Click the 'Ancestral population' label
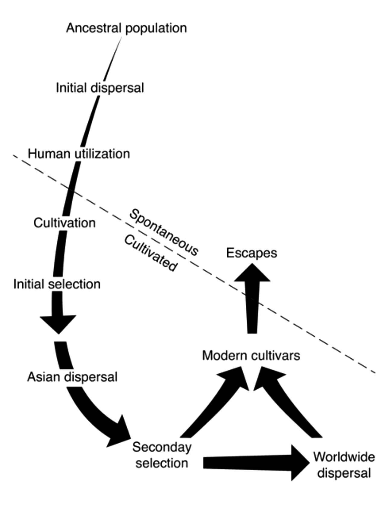point(126,28)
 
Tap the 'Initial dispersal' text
point(100,88)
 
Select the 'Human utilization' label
point(79,154)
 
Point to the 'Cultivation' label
point(65,223)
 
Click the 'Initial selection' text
point(57,284)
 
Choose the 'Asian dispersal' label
point(72,377)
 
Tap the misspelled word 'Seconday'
point(162,447)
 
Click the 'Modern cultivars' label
point(251,356)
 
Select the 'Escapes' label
point(251,253)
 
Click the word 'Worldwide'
point(344,457)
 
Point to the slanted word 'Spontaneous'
point(164,232)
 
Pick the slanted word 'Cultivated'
point(150,253)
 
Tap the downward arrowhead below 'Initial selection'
point(58,324)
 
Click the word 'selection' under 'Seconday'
point(162,463)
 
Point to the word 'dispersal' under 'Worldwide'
point(344,473)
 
